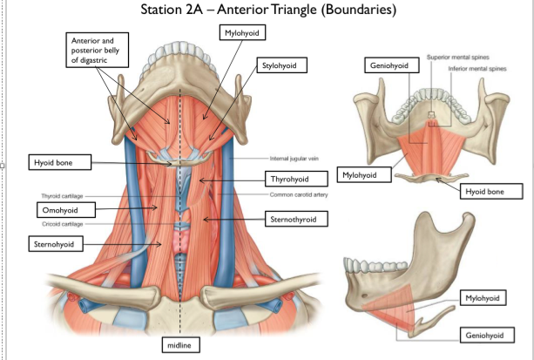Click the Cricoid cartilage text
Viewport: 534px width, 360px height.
[x=63, y=224]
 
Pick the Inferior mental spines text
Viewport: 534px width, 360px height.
[x=477, y=69]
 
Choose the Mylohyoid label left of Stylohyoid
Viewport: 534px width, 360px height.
[x=242, y=33]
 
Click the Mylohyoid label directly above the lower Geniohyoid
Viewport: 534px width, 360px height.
[x=483, y=298]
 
